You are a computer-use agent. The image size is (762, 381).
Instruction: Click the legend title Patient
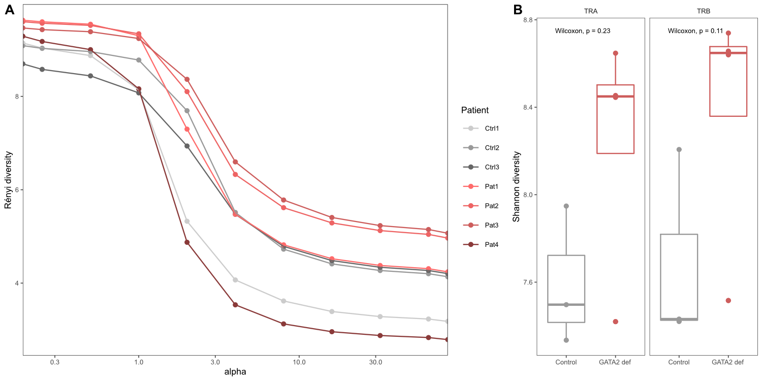474,110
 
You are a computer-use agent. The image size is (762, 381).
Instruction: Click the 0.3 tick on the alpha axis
55,363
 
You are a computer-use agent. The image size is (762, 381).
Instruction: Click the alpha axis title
235,372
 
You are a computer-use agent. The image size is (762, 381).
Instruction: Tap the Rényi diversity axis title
8,180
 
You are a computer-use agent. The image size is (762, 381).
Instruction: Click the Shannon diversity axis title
516,188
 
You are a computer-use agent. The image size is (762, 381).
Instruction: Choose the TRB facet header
704,11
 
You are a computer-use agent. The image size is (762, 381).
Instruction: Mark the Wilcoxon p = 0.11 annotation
695,30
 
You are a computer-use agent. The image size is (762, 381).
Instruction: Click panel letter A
10,10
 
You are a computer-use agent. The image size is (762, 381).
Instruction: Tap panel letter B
518,10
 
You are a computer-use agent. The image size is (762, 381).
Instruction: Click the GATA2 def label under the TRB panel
727,362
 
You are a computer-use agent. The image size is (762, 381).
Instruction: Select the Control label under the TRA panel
566,362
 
